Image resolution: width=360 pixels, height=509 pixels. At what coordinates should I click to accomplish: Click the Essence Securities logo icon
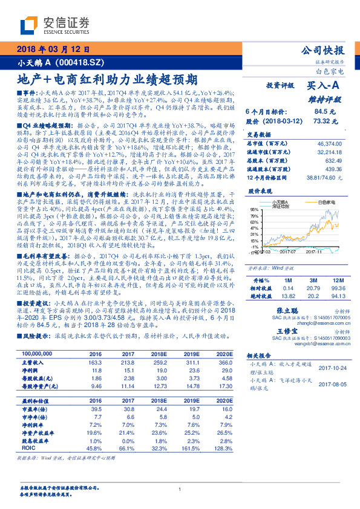(x=30, y=26)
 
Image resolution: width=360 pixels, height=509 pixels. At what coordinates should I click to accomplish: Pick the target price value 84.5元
(x=320, y=111)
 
